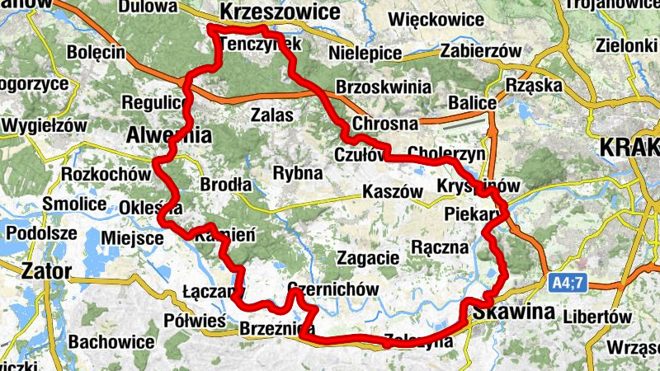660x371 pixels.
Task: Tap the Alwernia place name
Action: pyautogui.click(x=169, y=134)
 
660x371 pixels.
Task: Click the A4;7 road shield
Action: pyautogui.click(x=568, y=283)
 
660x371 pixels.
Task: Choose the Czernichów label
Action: pyautogui.click(x=333, y=289)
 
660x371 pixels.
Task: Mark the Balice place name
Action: pyautogui.click(x=473, y=103)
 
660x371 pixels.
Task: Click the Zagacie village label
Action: pyautogui.click(x=367, y=256)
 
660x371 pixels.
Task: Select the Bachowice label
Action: pyautogui.click(x=111, y=340)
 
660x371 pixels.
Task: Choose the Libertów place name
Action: pyautogui.click(x=597, y=317)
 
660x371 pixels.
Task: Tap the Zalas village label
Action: pyautogui.click(x=272, y=115)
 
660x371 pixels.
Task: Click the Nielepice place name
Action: pyautogui.click(x=365, y=54)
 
